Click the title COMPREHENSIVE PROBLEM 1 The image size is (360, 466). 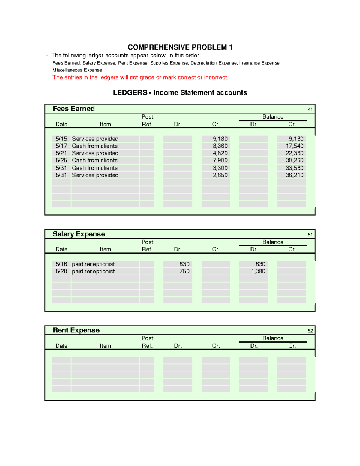pyautogui.click(x=180, y=47)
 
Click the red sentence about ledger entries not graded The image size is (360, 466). pyautogui.click(x=140, y=77)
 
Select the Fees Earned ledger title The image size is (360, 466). pyautogui.click(x=74, y=109)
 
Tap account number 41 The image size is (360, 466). pyautogui.click(x=310, y=110)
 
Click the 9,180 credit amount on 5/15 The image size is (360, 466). pyautogui.click(x=220, y=139)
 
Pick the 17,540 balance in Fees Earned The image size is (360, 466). pyautogui.click(x=294, y=146)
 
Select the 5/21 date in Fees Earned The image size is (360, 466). pyautogui.click(x=61, y=153)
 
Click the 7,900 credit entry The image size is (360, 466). pyautogui.click(x=220, y=160)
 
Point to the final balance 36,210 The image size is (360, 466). pyautogui.click(x=294, y=175)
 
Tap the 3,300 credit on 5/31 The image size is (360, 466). pyautogui.click(x=220, y=168)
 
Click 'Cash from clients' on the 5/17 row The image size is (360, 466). pyautogui.click(x=95, y=146)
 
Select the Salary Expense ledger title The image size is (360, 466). pyautogui.click(x=79, y=234)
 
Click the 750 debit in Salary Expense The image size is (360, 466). pyautogui.click(x=184, y=271)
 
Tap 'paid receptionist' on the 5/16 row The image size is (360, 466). pyautogui.click(x=93, y=264)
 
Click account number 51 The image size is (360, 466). pyautogui.click(x=310, y=235)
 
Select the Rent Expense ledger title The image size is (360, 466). pyautogui.click(x=76, y=330)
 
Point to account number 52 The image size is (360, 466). pyautogui.click(x=310, y=331)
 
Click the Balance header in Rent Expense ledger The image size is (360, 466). pyautogui.click(x=273, y=338)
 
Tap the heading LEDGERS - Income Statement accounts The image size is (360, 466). pyautogui.click(x=180, y=92)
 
